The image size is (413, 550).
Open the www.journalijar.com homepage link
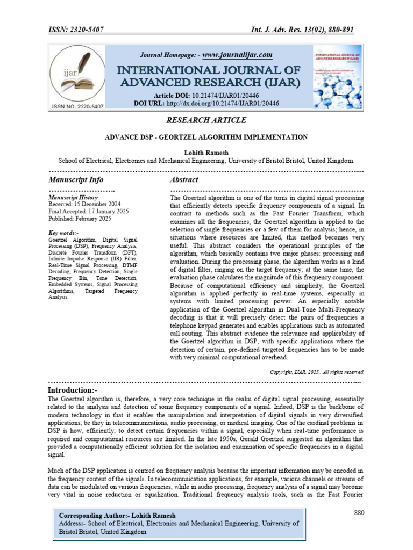tap(237, 55)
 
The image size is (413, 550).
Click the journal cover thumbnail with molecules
tap(338, 78)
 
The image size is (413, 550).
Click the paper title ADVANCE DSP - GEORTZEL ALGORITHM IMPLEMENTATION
tap(206, 137)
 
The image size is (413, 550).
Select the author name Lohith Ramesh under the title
tap(206, 153)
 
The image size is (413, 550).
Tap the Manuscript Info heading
tap(76, 179)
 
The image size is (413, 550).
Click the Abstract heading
tap(184, 179)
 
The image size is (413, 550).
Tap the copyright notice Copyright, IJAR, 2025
tap(317, 372)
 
